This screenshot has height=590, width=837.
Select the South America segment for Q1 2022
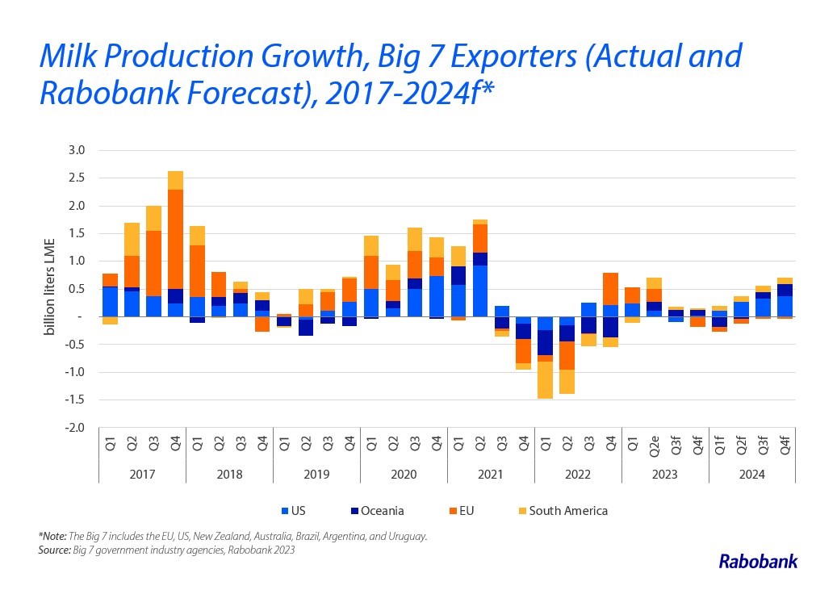pyautogui.click(x=545, y=379)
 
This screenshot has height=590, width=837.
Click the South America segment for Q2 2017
pyautogui.click(x=132, y=239)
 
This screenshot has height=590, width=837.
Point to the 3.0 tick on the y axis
pyautogui.click(x=77, y=150)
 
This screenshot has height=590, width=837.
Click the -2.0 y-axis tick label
pyautogui.click(x=76, y=428)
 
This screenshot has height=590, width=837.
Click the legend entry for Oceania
pyautogui.click(x=377, y=511)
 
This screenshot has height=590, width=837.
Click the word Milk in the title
pyautogui.click(x=69, y=56)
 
